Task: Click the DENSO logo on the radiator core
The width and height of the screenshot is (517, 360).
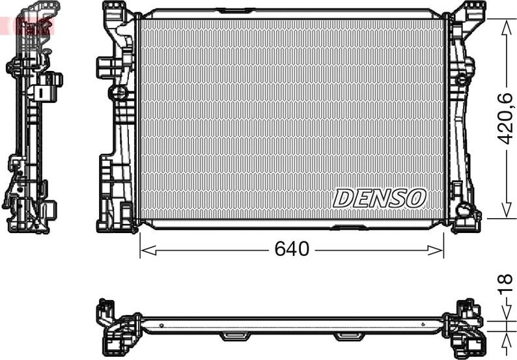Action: click(x=380, y=197)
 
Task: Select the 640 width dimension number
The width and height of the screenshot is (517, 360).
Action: click(x=291, y=249)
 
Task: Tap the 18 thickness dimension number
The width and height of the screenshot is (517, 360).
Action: click(x=506, y=283)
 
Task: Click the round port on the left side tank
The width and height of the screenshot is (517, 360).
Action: click(x=119, y=92)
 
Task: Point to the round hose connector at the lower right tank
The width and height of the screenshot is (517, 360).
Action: click(x=464, y=210)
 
